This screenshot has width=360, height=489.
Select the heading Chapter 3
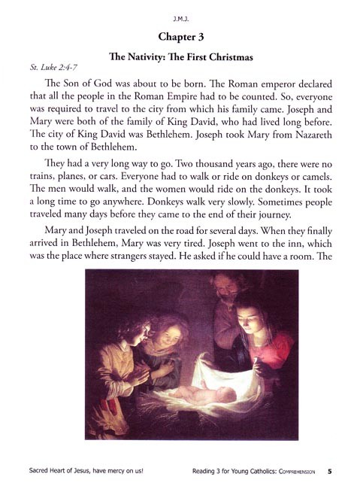(180, 35)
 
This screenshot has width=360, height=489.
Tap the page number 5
(329, 472)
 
